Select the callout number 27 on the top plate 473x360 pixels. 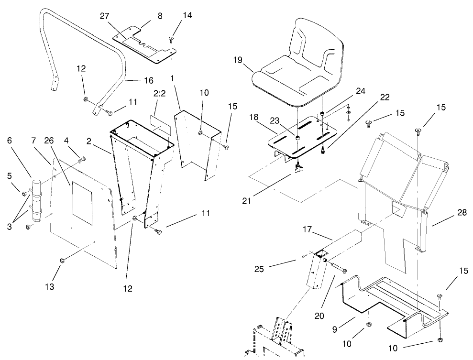pyautogui.click(x=105, y=16)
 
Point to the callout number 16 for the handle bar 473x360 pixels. pyautogui.click(x=136, y=80)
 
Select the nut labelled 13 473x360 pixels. pyautogui.click(x=62, y=260)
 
